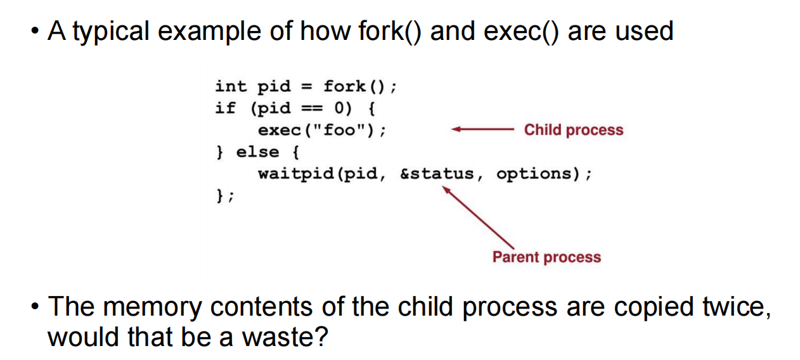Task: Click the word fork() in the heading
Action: click(x=390, y=32)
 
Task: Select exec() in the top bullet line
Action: click(x=521, y=32)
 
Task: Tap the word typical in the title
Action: click(x=111, y=32)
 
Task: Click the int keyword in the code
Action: click(x=231, y=86)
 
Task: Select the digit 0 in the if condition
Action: click(x=339, y=108)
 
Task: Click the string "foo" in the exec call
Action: click(x=339, y=129)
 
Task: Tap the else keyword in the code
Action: click(x=257, y=152)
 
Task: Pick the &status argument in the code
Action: click(x=437, y=174)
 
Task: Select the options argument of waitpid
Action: click(x=534, y=174)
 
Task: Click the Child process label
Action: click(x=574, y=130)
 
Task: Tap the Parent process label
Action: click(x=547, y=257)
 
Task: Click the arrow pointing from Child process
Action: click(x=482, y=129)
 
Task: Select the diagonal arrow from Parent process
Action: click(x=478, y=217)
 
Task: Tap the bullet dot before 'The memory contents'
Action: click(x=35, y=306)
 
